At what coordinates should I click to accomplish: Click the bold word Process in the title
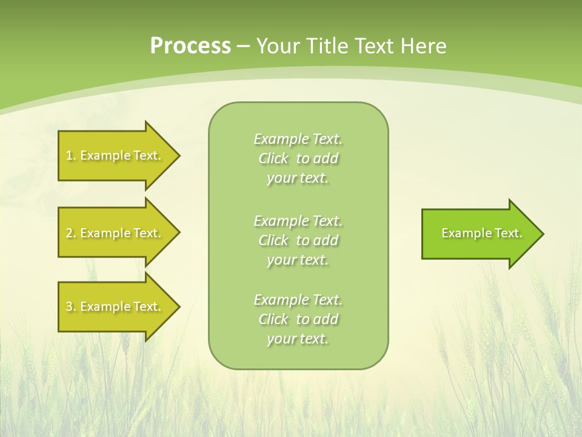190,46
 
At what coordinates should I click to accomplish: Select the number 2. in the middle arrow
71,233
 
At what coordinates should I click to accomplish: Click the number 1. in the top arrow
71,155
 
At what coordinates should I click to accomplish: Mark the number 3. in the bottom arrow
71,307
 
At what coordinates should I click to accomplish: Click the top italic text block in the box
298,158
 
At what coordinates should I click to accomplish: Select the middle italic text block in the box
298,240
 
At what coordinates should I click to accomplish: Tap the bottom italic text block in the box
298,319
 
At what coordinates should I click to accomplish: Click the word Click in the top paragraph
273,158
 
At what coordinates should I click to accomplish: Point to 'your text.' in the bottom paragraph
298,339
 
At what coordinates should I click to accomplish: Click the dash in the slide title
244,46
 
